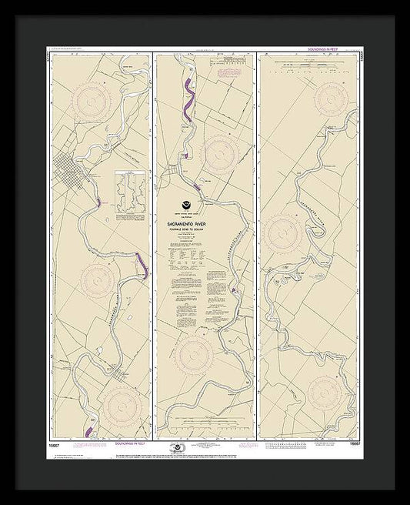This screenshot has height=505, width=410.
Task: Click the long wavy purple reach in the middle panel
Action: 185,101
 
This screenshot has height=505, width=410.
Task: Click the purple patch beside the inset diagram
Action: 99,203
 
